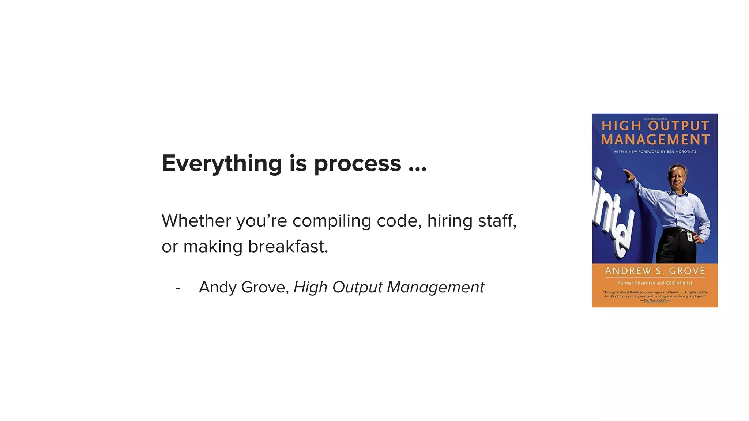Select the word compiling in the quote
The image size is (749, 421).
coord(332,221)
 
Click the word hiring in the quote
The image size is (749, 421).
coord(445,221)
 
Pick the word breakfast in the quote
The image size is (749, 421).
coord(288,247)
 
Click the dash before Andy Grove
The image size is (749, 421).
coord(177,288)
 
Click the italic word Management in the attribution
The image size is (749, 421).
coord(435,287)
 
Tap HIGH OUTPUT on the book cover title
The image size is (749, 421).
coord(655,126)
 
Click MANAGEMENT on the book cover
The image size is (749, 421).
coord(655,140)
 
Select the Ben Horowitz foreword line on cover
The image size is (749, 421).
coord(655,152)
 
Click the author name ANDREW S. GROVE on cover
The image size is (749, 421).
coord(655,271)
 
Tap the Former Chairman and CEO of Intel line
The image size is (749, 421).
coord(655,283)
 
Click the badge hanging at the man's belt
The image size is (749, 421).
coord(690,237)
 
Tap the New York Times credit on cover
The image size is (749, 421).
coord(657,300)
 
